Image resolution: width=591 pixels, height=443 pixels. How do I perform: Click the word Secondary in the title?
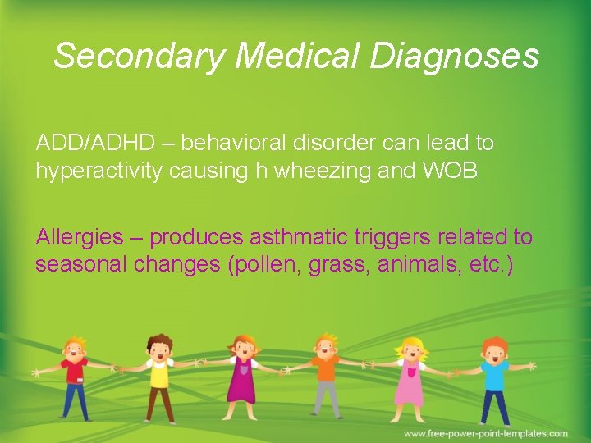point(139,57)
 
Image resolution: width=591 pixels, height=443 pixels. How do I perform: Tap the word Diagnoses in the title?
point(454,57)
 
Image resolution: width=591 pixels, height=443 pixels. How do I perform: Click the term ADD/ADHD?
point(95,143)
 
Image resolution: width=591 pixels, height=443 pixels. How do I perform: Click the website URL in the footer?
point(485,433)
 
